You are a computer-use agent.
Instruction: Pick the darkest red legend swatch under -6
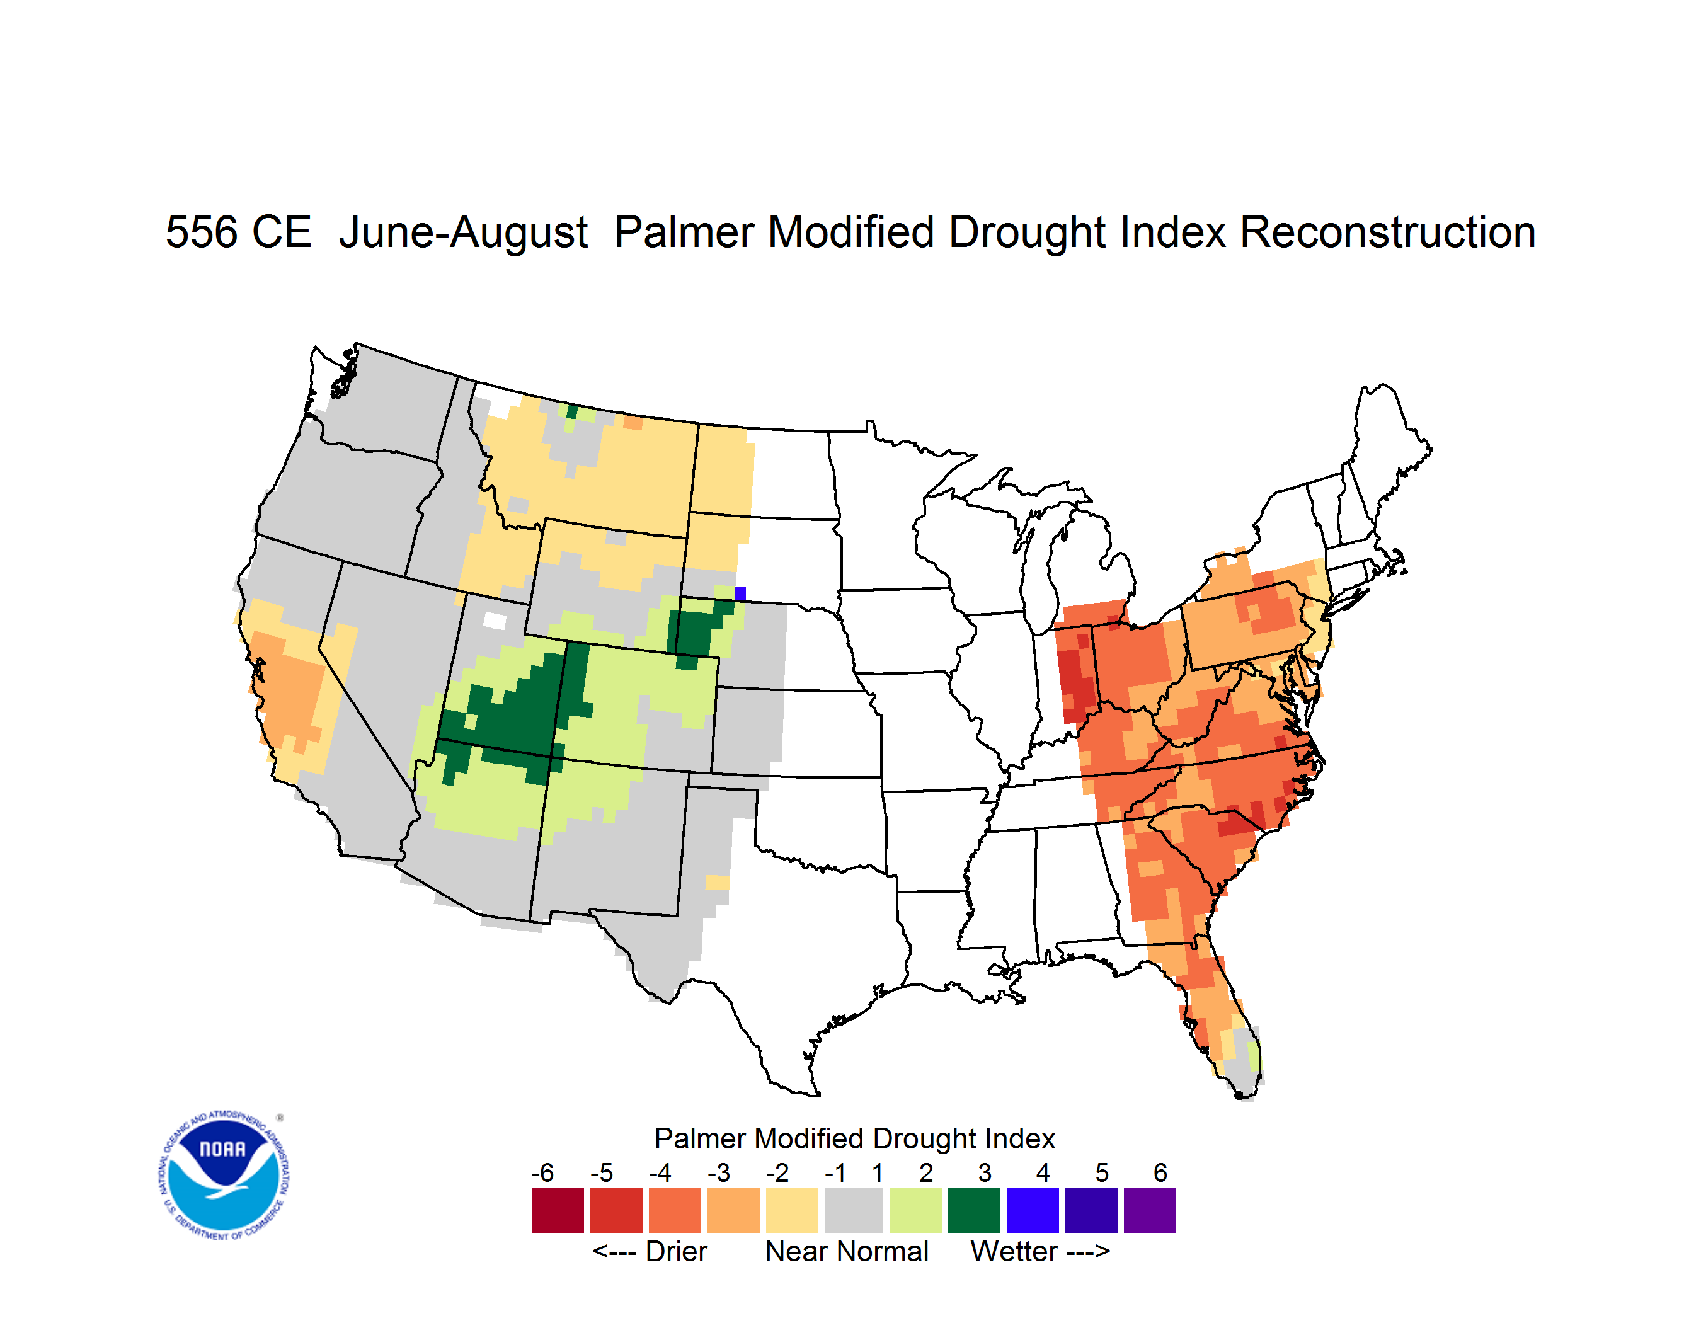tap(558, 1210)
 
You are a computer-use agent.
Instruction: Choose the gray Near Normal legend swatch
tap(854, 1210)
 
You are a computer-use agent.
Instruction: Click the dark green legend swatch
tap(973, 1210)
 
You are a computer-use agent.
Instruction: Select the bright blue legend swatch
tap(1033, 1210)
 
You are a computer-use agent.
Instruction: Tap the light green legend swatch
tap(915, 1210)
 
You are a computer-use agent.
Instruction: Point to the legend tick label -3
tap(718, 1172)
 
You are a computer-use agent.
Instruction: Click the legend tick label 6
tap(1160, 1172)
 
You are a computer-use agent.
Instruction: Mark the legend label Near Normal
tap(847, 1251)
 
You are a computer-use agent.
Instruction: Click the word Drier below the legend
tap(676, 1251)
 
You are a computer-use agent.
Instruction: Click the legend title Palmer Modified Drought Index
tap(854, 1138)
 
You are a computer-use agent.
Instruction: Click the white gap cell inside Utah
tap(495, 621)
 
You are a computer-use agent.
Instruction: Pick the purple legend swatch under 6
tap(1150, 1210)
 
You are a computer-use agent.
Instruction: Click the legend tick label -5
tap(601, 1172)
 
